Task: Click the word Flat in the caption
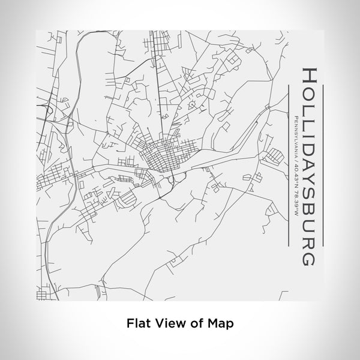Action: coord(136,322)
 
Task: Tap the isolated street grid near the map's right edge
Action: coord(274,157)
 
